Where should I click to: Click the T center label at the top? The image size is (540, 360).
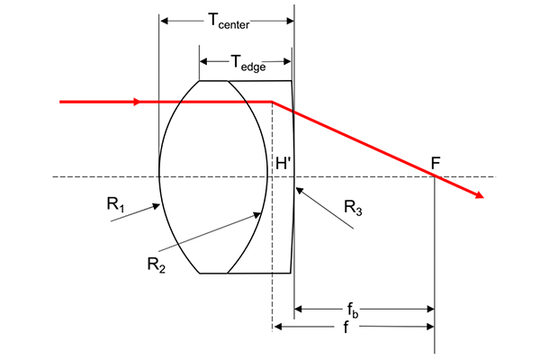pyautogui.click(x=229, y=21)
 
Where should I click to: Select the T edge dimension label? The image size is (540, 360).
pyautogui.click(x=248, y=63)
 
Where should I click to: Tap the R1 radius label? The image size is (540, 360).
pyautogui.click(x=116, y=204)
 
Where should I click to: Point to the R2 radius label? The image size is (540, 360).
pyautogui.click(x=157, y=265)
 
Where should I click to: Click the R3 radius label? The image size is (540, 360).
pyautogui.click(x=353, y=208)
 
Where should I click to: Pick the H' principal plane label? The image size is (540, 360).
pyautogui.click(x=283, y=163)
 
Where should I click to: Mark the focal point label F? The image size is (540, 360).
pyautogui.click(x=436, y=163)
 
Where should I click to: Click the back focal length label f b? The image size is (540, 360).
pyautogui.click(x=352, y=310)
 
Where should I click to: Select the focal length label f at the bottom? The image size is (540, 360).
pyautogui.click(x=346, y=327)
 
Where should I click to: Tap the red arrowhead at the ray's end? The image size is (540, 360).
pyautogui.click(x=480, y=195)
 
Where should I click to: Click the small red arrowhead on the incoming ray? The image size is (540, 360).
pyautogui.click(x=138, y=102)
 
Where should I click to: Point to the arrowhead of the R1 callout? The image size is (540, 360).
pyautogui.click(x=157, y=206)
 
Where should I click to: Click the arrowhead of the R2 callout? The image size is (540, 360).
pyautogui.click(x=256, y=215)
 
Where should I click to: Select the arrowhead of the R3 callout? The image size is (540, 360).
pyautogui.click(x=300, y=190)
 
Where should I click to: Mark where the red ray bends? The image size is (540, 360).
pyautogui.click(x=272, y=102)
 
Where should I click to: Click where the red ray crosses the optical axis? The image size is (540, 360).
pyautogui.click(x=435, y=176)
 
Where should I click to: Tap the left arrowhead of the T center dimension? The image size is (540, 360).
pyautogui.click(x=165, y=21)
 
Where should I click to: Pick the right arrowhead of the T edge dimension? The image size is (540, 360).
pyautogui.click(x=287, y=62)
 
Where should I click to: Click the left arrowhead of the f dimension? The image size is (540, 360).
pyautogui.click(x=277, y=327)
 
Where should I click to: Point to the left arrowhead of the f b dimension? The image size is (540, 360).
pyautogui.click(x=298, y=309)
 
